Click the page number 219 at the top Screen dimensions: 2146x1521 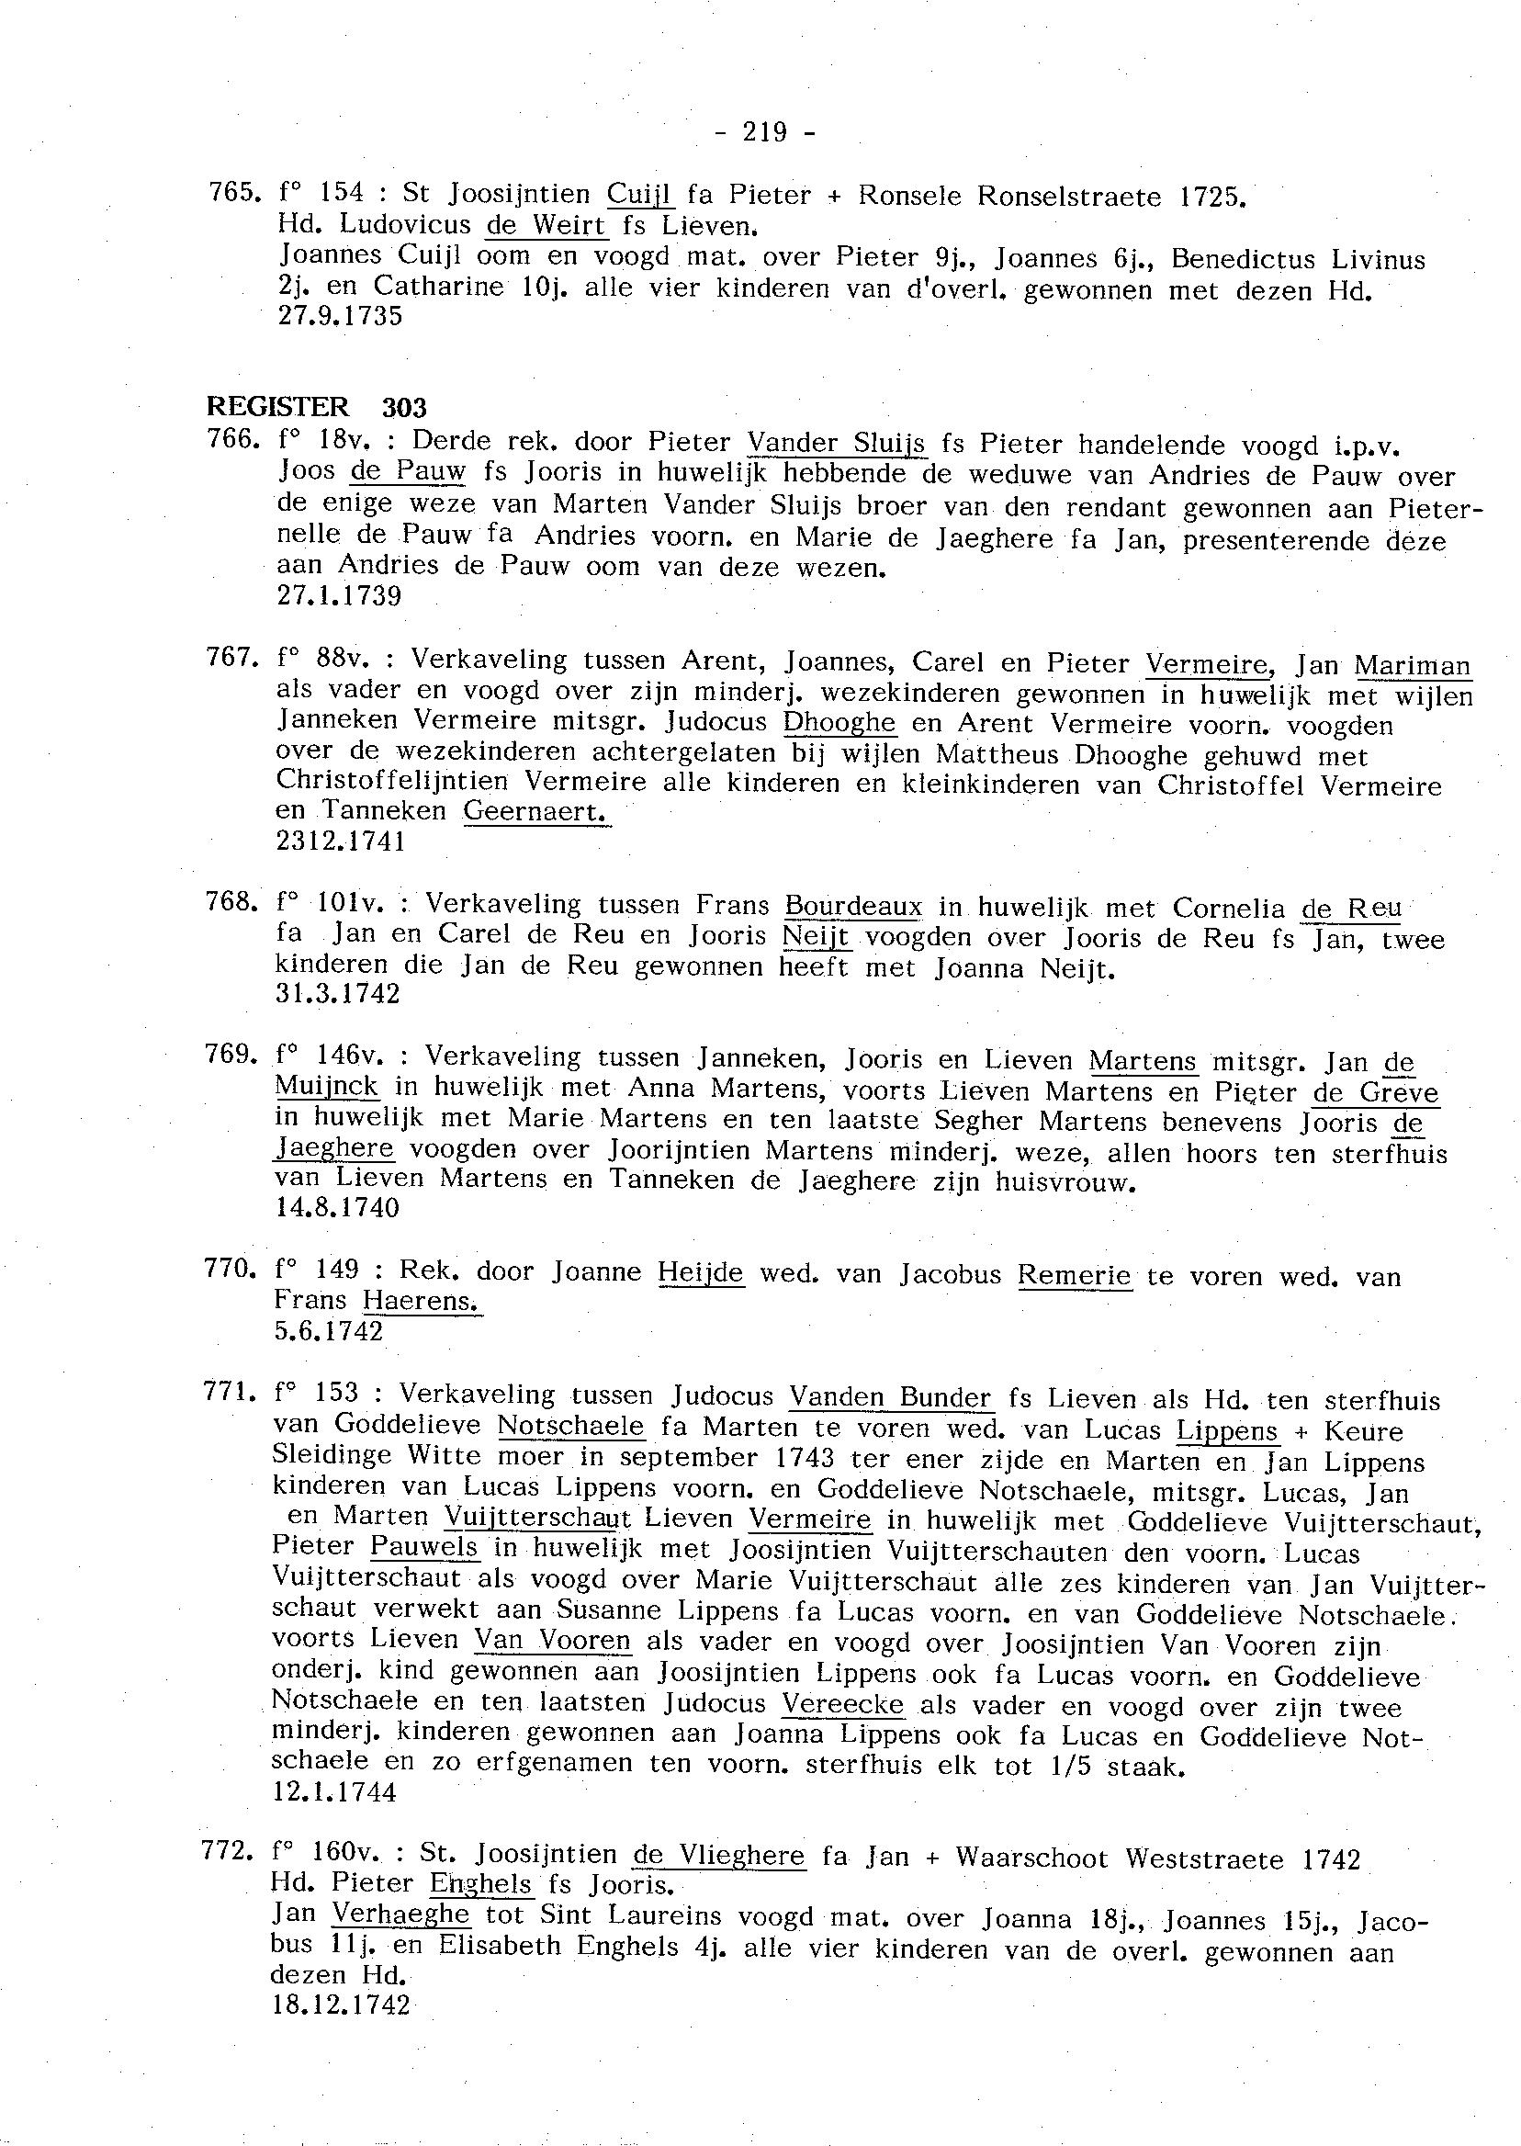point(764,133)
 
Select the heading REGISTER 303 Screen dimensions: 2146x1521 point(317,408)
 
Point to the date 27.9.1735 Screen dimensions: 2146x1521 point(340,316)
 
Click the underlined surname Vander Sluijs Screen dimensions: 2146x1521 point(837,443)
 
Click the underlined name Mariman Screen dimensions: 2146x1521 point(1413,665)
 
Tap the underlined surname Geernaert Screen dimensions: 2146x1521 point(535,811)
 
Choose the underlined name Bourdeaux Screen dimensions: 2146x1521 point(853,907)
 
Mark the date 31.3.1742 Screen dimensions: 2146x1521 point(337,994)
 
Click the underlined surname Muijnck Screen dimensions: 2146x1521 point(327,1087)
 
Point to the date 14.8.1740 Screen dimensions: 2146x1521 point(337,1208)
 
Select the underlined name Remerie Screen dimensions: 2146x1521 point(1075,1275)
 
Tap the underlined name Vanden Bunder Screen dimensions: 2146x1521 point(890,1398)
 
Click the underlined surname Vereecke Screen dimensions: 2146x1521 point(843,1705)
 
